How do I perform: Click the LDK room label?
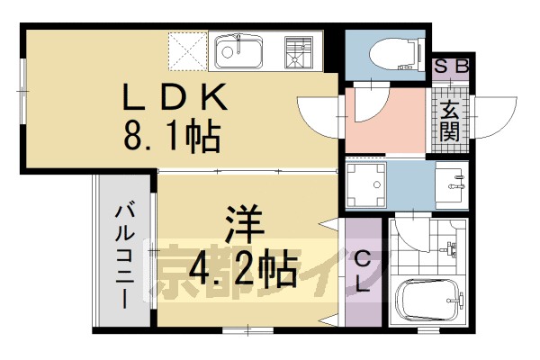[x=176, y=95]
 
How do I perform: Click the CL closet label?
[x=362, y=271]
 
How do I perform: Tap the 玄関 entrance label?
[x=449, y=122]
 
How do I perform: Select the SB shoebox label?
[x=449, y=67]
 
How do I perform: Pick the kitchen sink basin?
[x=236, y=52]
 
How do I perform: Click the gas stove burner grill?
[x=297, y=51]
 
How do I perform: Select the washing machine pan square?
[x=365, y=185]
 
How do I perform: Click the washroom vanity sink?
[x=449, y=184]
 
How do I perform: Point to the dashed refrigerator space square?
[x=187, y=51]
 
